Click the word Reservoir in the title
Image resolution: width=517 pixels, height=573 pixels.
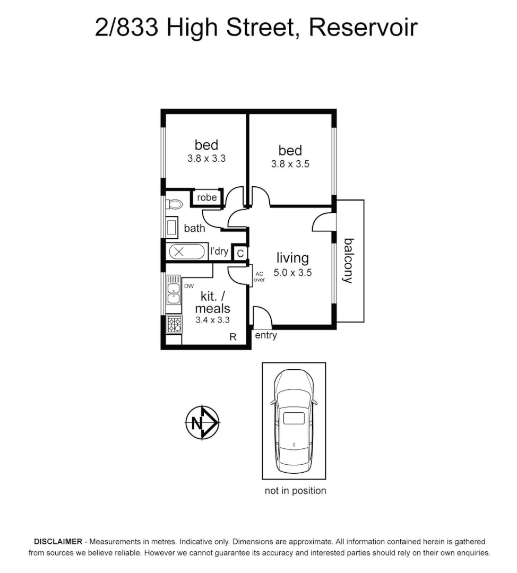point(363,28)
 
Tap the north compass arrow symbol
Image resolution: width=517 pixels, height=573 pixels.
point(202,423)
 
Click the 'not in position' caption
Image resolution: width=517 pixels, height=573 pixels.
point(295,491)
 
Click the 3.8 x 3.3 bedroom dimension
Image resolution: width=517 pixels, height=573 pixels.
point(206,158)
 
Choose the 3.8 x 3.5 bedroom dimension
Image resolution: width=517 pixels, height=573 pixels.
point(290,164)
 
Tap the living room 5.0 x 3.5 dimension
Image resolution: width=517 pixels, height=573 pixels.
point(292,273)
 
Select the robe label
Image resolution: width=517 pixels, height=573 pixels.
point(207,197)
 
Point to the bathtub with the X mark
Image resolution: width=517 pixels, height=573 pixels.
point(185,252)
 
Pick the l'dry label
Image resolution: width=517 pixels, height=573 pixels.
point(219,251)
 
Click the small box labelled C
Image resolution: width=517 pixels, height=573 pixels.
point(240,254)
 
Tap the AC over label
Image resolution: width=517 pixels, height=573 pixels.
point(259,276)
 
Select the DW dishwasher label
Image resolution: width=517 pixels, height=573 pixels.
point(188,286)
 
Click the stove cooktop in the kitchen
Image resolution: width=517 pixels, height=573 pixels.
point(174,324)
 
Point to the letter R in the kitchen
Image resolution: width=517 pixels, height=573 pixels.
point(233,336)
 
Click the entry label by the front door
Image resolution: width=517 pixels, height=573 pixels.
point(266,335)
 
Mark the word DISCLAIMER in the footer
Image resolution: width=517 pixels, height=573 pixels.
point(58,542)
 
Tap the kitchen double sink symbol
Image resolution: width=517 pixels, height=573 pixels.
point(173,293)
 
